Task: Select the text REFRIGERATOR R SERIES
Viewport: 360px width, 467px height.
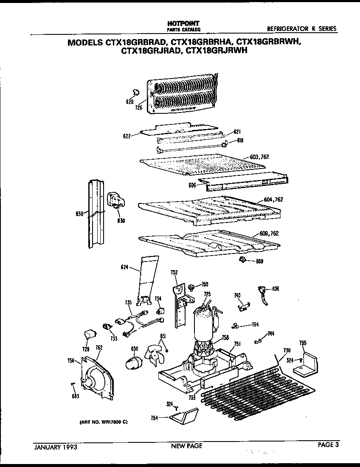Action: tap(301, 29)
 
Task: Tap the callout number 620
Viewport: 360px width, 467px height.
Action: tap(129, 101)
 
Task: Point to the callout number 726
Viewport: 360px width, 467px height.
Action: tap(138, 108)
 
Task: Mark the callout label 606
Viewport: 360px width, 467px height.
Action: tap(193, 185)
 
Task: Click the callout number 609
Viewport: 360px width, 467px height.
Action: tap(259, 261)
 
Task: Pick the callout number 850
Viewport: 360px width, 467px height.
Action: tap(79, 214)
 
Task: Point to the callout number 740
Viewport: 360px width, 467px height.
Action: tap(237, 295)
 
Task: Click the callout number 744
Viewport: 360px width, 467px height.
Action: tap(271, 334)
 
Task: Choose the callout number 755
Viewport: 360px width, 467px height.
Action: tap(303, 343)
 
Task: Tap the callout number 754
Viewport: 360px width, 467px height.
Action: tap(154, 418)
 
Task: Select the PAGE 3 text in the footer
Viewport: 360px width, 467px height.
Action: tap(328, 445)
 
